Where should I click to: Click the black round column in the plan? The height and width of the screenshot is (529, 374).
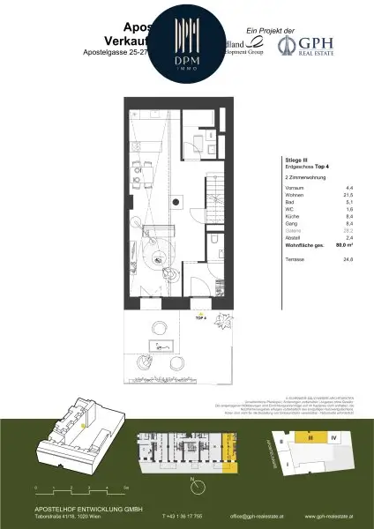pos(176,204)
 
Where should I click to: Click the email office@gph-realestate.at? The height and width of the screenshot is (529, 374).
pos(257,516)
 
